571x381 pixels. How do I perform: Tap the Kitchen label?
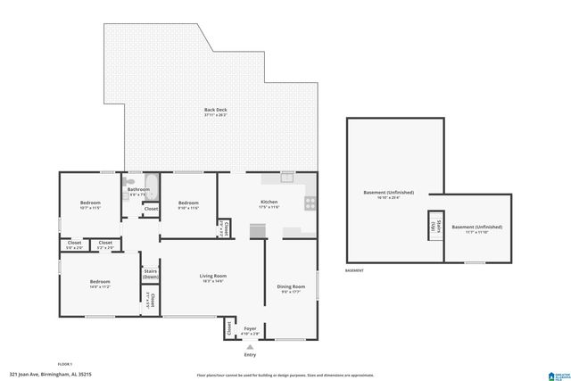(x=269, y=203)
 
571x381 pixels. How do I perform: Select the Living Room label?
(x=213, y=277)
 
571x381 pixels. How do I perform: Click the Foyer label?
(x=251, y=329)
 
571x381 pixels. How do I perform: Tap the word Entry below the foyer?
(x=250, y=355)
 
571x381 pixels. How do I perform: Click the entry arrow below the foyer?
(x=250, y=346)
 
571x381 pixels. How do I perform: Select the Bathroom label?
(x=138, y=190)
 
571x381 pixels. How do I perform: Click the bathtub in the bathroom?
(x=151, y=188)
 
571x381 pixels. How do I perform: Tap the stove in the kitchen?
(x=310, y=203)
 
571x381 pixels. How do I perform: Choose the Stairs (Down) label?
(x=151, y=274)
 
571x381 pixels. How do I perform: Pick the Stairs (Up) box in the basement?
(x=437, y=227)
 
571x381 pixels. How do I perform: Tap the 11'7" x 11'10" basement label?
(x=476, y=229)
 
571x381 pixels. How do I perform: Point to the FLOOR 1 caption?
(x=65, y=364)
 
